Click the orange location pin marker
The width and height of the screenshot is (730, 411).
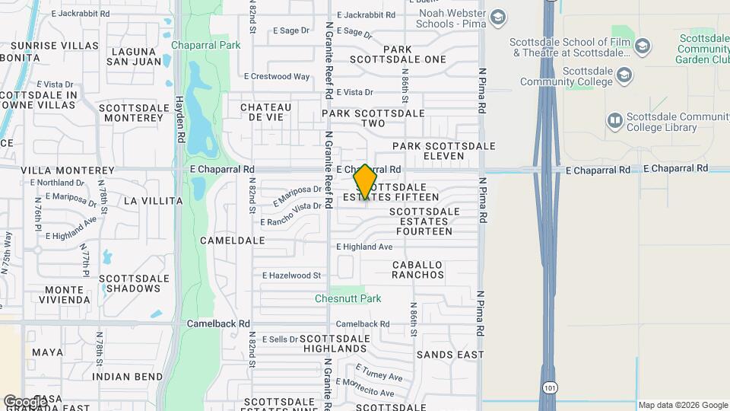[365, 182]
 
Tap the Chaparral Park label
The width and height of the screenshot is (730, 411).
[206, 46]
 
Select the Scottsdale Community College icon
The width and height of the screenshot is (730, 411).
[624, 75]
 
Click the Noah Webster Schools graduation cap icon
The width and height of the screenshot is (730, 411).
[498, 18]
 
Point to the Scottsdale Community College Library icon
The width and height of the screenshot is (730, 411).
[614, 121]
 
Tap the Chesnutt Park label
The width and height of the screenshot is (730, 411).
[348, 299]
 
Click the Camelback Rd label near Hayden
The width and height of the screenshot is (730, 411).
[219, 323]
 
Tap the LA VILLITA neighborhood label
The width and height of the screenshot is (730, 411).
[153, 201]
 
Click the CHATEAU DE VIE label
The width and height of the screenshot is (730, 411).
[266, 113]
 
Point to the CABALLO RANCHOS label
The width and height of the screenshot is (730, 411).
[417, 269]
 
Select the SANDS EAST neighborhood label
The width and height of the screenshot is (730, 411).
[450, 355]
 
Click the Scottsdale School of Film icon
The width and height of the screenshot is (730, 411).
[643, 46]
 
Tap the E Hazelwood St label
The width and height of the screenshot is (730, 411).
[292, 276]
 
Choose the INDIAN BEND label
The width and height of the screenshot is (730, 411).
[127, 377]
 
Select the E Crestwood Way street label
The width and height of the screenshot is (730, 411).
[277, 77]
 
